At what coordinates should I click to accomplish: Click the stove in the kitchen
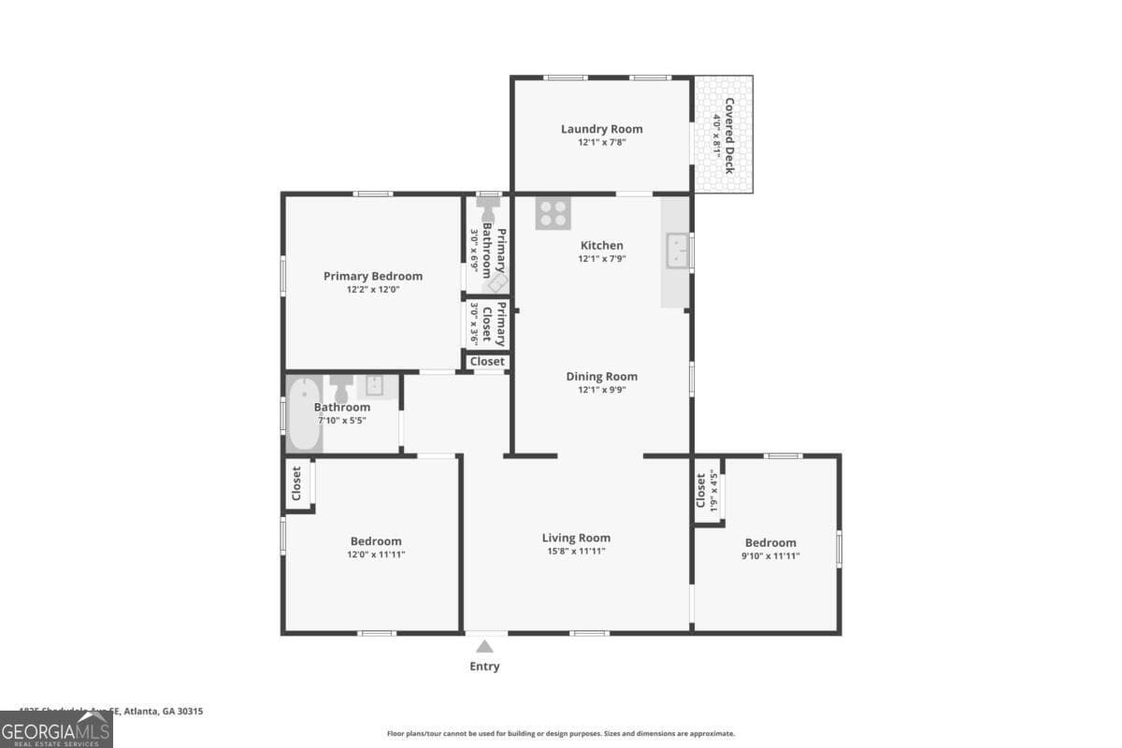pos(553,214)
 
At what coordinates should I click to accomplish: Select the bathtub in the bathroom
pos(304,414)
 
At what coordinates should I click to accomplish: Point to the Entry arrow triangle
pos(484,645)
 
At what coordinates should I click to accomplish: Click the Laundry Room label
pos(601,129)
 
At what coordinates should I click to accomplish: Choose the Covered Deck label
pos(728,136)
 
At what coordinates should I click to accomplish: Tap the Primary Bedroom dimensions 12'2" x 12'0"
pos(372,290)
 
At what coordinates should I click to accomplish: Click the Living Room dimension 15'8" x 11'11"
pos(576,552)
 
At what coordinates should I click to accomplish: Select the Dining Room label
pos(601,376)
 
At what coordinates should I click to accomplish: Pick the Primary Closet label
pos(500,324)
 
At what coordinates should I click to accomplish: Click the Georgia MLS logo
pos(56,729)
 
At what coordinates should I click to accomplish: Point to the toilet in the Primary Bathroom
pos(487,207)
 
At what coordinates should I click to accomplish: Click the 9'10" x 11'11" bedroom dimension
pos(770,555)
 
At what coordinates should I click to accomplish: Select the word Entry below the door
pos(484,667)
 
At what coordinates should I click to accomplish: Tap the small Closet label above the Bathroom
pos(487,361)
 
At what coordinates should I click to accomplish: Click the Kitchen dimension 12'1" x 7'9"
pos(601,259)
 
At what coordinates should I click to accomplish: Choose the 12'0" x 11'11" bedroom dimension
pos(376,554)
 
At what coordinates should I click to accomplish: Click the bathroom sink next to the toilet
pos(374,385)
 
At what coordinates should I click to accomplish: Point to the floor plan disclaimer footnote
pos(561,734)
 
